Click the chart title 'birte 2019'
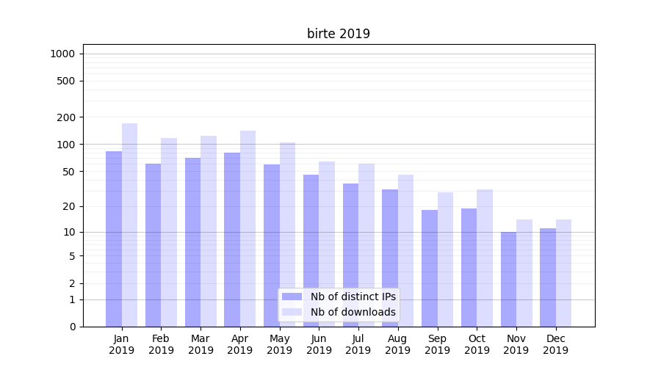tap(338, 34)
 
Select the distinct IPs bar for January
tap(114, 239)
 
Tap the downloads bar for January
tap(130, 225)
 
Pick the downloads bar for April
tap(248, 228)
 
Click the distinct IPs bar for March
tap(192, 242)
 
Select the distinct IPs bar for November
tap(508, 279)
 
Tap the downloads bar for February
tap(169, 232)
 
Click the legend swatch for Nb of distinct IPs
tap(292, 297)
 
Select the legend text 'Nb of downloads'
tap(353, 312)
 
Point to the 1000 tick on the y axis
tap(62, 54)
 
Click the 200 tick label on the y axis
tap(66, 117)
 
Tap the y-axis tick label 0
tap(72, 327)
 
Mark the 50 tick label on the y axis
tap(68, 172)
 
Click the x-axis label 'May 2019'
tap(280, 344)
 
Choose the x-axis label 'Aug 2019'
tap(398, 344)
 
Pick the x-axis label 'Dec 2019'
tap(555, 344)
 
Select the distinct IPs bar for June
tap(311, 250)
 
